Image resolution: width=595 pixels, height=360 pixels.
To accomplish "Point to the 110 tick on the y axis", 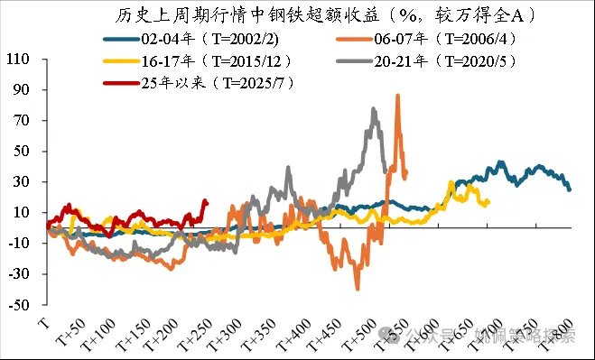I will tap(17, 60).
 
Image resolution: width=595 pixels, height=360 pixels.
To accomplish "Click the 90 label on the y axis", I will tap(21, 90).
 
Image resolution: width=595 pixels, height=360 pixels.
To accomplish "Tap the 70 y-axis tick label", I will tap(21, 120).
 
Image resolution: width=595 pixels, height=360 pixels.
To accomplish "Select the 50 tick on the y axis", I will tap(21, 151).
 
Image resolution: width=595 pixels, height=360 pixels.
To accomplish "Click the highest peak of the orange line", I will tap(397, 96).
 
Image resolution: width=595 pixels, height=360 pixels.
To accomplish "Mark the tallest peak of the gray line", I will tap(374, 109).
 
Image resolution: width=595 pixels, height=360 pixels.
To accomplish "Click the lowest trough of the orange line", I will tap(358, 288).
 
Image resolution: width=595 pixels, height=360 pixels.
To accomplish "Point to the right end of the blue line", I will tap(570, 189).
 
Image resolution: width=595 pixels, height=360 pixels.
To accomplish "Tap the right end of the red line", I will tap(206, 202).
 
